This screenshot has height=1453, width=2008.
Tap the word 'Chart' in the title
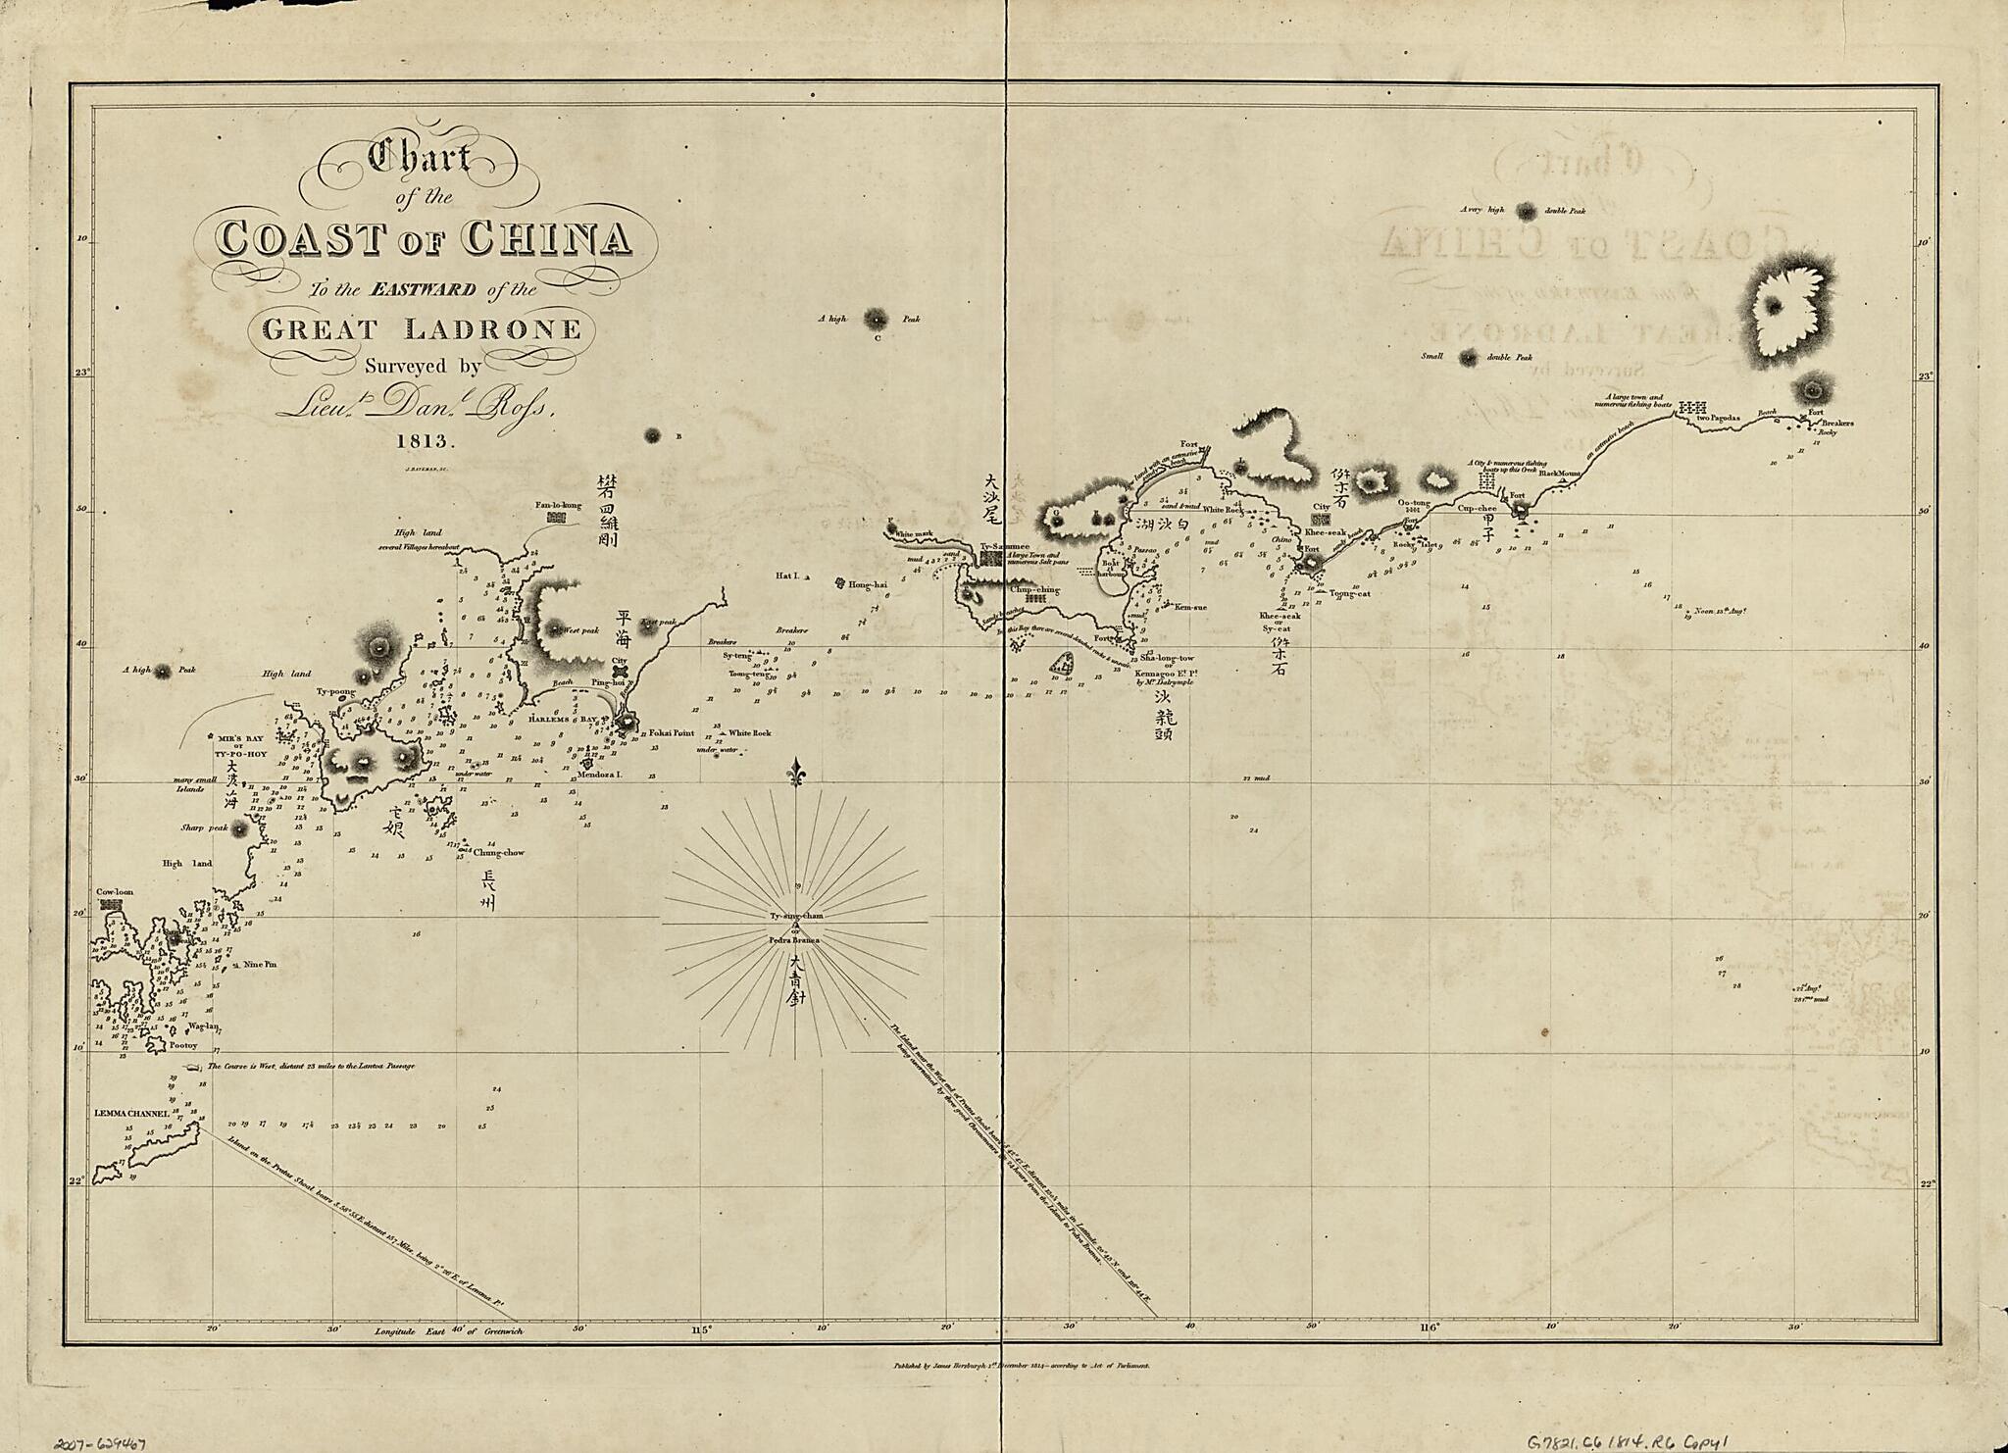coord(419,158)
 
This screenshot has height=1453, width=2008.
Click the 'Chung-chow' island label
coord(499,852)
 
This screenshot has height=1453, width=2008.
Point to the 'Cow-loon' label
coord(114,892)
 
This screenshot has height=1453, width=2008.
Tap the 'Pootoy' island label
coord(183,1045)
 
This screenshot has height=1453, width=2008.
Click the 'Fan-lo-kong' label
coord(558,506)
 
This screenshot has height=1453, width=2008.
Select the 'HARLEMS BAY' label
coord(563,719)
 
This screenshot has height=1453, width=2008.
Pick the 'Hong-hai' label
coord(868,583)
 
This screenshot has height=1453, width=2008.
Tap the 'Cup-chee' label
coord(1477,509)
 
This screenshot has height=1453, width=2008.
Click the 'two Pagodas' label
coord(1716,418)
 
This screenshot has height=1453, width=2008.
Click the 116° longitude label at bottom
coord(1429,1328)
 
